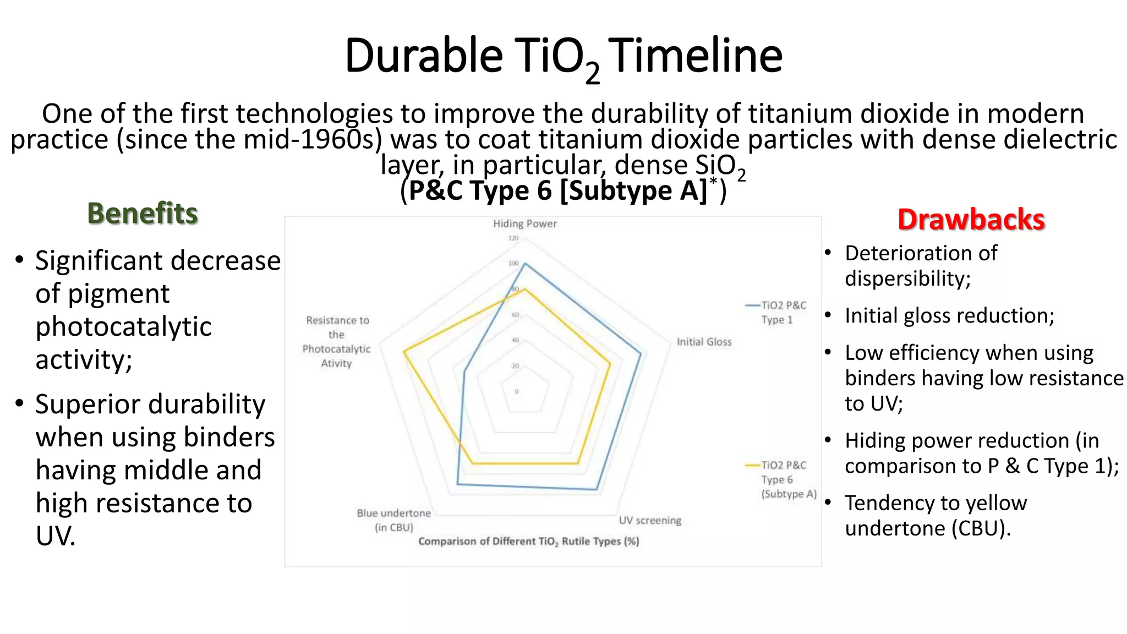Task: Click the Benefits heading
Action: coord(143,214)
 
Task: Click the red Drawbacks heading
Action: coord(971,220)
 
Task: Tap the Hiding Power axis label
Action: coord(524,223)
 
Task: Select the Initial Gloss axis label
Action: coord(704,342)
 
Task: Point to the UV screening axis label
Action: coord(650,520)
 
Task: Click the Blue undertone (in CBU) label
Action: coord(393,520)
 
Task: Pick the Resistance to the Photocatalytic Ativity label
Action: coord(336,341)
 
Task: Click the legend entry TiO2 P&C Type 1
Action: coord(783,312)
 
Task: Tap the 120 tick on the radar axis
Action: coord(513,238)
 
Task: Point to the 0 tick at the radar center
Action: coord(516,391)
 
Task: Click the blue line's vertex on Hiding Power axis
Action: coord(524,264)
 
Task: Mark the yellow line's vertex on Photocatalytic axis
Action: coord(404,352)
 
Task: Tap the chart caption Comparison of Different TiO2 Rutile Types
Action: coord(528,541)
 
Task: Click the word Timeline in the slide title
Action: coord(695,56)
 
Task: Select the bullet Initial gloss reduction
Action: coord(949,315)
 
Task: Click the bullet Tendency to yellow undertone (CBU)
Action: coord(935,515)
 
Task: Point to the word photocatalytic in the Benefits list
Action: coord(123,326)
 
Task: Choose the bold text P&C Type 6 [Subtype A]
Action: coord(557,190)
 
